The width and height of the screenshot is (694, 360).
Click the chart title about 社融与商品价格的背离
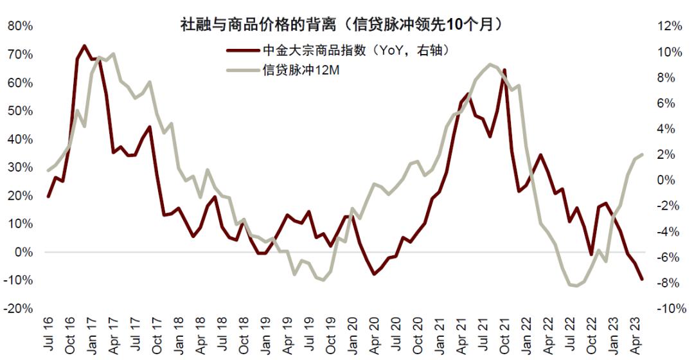pyautogui.click(x=341, y=24)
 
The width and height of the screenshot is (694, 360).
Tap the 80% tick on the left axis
pyautogui.click(x=19, y=26)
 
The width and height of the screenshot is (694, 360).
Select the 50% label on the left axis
pyautogui.click(x=19, y=111)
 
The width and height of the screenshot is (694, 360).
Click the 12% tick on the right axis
pyautogui.click(x=669, y=26)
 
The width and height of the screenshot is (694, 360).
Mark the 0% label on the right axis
pyautogui.click(x=672, y=181)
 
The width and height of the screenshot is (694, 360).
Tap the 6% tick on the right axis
pyautogui.click(x=672, y=104)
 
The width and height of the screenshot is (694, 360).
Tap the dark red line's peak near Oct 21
pyautogui.click(x=504, y=69)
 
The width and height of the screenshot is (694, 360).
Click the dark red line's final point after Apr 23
pyautogui.click(x=642, y=278)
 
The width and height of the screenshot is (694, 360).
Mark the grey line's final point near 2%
pyautogui.click(x=642, y=154)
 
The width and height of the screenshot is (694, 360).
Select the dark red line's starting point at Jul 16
pyautogui.click(x=48, y=196)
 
